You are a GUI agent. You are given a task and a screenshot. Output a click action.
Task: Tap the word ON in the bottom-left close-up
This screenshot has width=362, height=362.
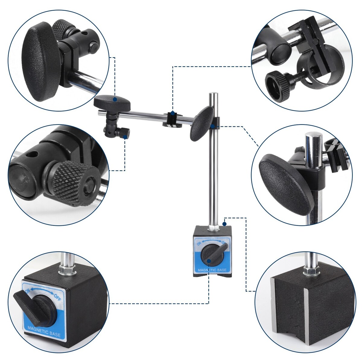click(x=28, y=291)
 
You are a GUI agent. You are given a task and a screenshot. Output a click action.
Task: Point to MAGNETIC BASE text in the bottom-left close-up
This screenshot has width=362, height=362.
click(x=44, y=333)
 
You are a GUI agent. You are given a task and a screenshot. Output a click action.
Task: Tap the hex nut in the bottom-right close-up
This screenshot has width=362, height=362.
click(x=311, y=271)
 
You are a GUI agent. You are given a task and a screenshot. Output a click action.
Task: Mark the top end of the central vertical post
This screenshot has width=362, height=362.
click(x=214, y=93)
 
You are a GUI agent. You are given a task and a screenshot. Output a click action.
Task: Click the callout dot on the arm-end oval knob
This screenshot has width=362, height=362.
click(x=115, y=99)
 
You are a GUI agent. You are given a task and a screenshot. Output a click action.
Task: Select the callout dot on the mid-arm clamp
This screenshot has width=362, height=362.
click(x=173, y=113)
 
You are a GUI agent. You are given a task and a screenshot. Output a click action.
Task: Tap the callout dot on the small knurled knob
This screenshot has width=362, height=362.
click(x=125, y=137)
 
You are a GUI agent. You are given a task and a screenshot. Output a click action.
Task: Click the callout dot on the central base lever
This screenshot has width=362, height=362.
click(x=209, y=261)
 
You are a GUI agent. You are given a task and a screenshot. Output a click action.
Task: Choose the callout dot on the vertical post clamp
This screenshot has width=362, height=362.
click(x=212, y=126)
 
